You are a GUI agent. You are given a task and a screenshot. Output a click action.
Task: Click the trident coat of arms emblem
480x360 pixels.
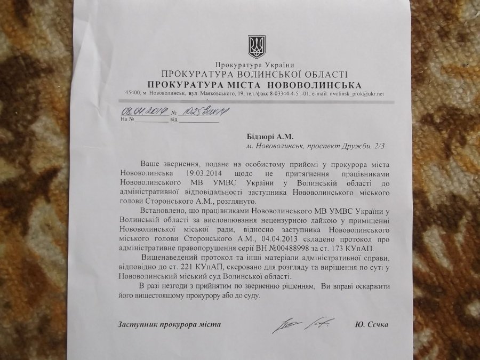pos(257,46)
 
